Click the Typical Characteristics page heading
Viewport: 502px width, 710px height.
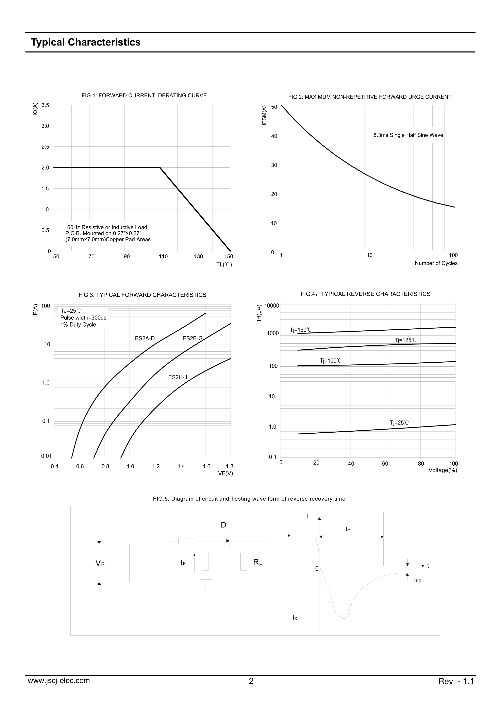(86, 42)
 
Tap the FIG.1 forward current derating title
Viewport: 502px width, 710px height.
(144, 96)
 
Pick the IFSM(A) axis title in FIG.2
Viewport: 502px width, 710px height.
(264, 115)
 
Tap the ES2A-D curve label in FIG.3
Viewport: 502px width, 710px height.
(145, 339)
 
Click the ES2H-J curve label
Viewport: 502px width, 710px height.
(178, 377)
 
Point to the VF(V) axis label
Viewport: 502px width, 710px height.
(225, 473)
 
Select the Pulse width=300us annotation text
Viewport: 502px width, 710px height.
(83, 318)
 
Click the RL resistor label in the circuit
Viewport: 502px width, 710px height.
(257, 562)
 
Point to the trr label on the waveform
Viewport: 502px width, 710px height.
(348, 529)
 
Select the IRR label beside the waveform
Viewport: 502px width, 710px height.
(418, 581)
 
